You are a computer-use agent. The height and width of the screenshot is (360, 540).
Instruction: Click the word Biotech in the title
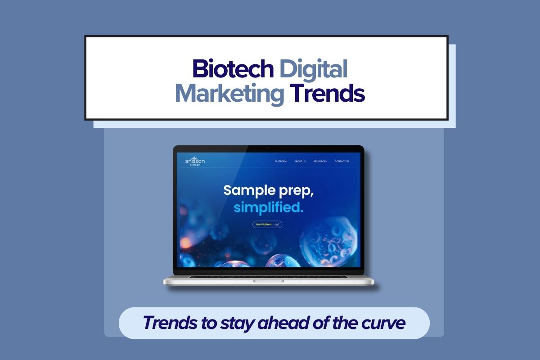click(x=233, y=69)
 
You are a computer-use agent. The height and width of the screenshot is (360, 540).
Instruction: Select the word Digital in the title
click(x=313, y=69)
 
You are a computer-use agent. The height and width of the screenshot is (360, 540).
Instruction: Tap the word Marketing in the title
click(x=229, y=93)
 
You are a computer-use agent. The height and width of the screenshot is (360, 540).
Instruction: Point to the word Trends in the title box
click(x=327, y=93)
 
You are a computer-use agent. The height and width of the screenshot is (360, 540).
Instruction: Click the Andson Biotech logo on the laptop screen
click(x=195, y=161)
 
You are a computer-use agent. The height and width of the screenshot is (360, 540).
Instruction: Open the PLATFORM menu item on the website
click(x=281, y=161)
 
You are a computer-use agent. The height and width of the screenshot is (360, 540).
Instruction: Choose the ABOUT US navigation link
click(x=300, y=161)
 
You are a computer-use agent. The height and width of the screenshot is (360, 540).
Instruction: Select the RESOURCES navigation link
click(x=320, y=161)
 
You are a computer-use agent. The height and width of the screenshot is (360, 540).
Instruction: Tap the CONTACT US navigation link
click(x=342, y=161)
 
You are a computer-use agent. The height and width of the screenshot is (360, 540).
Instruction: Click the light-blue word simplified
click(x=268, y=207)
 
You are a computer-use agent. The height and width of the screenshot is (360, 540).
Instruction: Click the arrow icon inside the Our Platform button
click(x=277, y=224)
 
